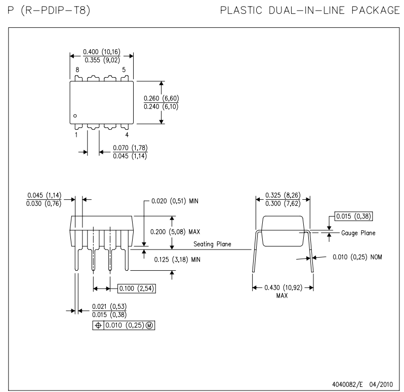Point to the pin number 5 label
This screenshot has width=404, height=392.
124,69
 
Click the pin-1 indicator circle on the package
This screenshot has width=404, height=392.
75,116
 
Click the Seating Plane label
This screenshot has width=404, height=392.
213,244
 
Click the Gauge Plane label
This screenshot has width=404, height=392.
357,233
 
